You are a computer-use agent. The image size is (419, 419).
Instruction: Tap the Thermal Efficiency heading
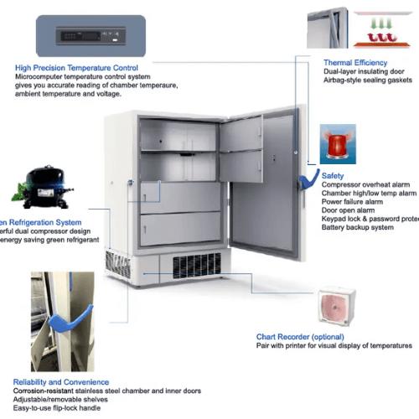(355, 62)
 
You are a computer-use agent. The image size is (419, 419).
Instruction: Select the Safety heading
(332, 176)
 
